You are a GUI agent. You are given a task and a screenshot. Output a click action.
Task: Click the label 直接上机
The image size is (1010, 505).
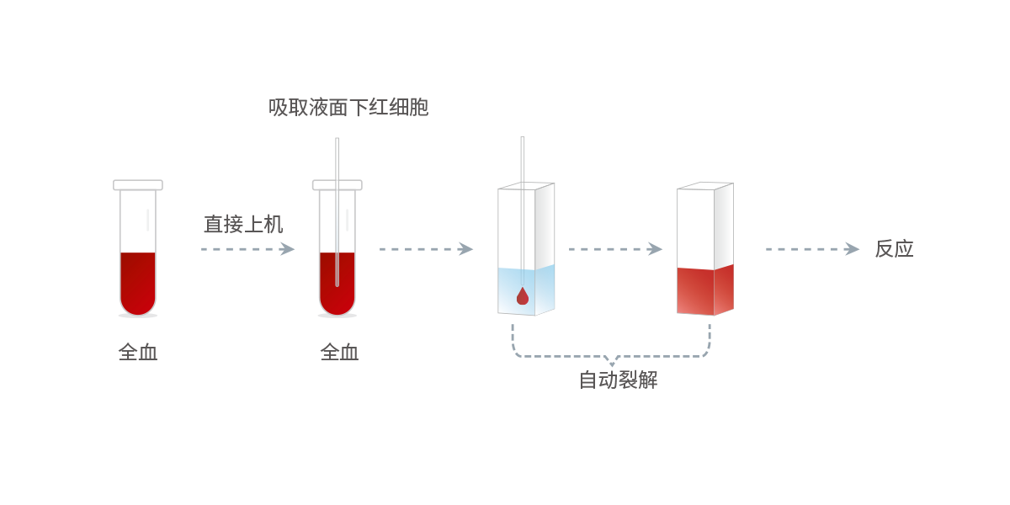tap(243, 224)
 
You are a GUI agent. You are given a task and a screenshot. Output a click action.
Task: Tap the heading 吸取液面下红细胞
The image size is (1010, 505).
tap(348, 108)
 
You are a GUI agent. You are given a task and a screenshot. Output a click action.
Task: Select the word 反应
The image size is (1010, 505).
tap(894, 249)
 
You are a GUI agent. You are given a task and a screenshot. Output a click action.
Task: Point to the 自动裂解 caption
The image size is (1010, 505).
tap(618, 380)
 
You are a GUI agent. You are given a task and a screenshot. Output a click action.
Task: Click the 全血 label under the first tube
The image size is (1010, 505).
tap(138, 352)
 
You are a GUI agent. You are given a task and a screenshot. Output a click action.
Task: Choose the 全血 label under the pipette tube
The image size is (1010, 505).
tap(339, 352)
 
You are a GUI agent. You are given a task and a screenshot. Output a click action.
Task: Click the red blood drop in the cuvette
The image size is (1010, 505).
tap(522, 295)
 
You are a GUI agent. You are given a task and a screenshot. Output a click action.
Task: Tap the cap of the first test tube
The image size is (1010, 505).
tap(138, 185)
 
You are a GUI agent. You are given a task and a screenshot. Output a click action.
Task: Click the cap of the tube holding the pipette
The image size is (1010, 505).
tap(338, 185)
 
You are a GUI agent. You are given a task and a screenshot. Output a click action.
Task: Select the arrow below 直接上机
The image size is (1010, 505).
tap(247, 249)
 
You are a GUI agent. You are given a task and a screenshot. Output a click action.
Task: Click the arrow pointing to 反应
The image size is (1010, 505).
tap(812, 249)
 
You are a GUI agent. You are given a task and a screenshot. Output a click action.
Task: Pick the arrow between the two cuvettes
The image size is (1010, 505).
tap(615, 249)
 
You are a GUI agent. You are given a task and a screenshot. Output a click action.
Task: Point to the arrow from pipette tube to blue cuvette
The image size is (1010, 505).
tap(426, 249)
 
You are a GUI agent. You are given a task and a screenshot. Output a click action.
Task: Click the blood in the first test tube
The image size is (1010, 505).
tap(138, 283)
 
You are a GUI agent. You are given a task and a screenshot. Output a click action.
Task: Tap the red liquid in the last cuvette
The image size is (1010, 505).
tap(705, 290)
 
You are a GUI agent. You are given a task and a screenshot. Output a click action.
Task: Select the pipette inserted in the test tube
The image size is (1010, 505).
tap(338, 212)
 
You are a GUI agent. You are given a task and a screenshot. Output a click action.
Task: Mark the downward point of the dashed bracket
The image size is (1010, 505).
tap(611, 364)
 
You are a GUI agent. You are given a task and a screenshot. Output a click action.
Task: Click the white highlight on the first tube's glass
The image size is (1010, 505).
tap(147, 220)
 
